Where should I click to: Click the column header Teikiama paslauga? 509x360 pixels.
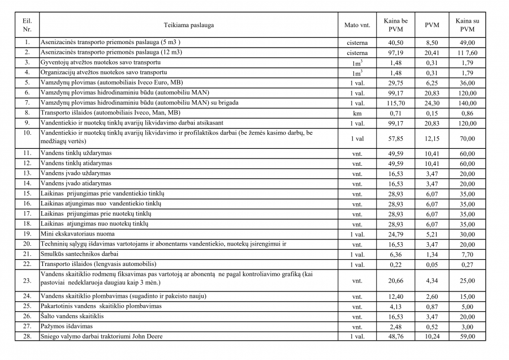tap(189, 25)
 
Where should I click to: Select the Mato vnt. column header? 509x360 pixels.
tap(357, 25)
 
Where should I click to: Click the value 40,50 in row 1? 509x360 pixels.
tap(396, 42)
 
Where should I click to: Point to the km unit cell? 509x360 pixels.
tap(357, 113)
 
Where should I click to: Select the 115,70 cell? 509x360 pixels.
tap(396, 103)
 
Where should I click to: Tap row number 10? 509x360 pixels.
tap(27, 133)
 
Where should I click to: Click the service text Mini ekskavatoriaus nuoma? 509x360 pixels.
tap(77, 234)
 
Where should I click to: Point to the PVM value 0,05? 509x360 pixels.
tap(432, 264)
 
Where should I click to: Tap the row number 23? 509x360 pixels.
tap(27, 280)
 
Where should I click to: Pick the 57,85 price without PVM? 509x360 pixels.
tap(396, 138)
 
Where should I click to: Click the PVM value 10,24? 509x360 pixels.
tap(432, 336)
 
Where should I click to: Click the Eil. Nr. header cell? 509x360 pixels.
tap(27, 25)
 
